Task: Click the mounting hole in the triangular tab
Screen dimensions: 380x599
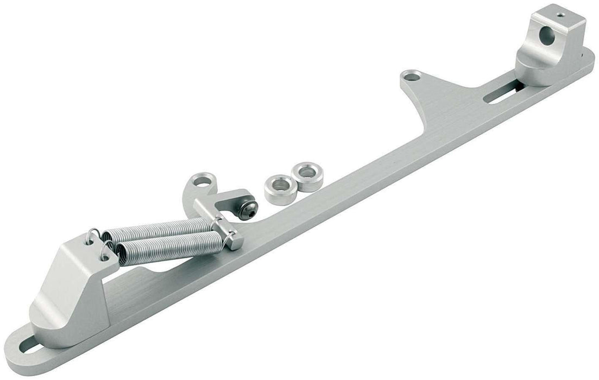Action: [x=412, y=75]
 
